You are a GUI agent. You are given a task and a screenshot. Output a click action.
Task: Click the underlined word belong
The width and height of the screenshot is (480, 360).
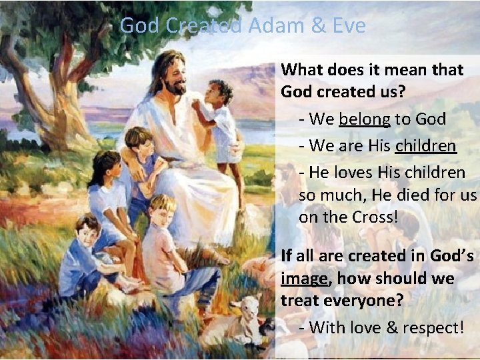click(x=365, y=120)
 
